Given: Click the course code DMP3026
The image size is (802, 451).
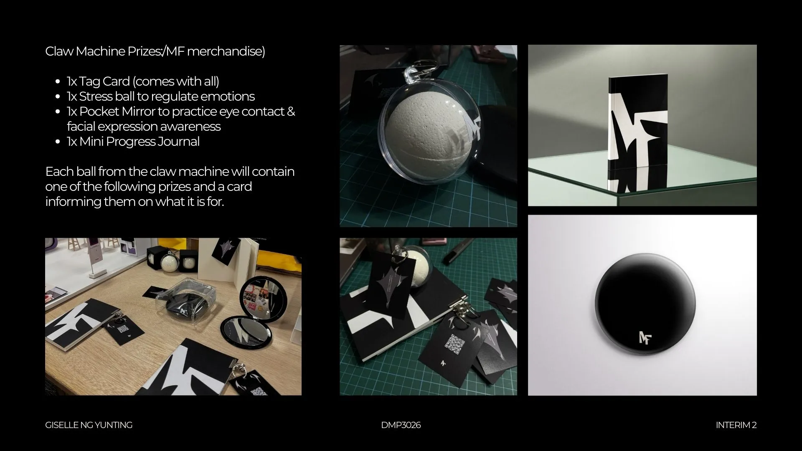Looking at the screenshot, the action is pos(401,425).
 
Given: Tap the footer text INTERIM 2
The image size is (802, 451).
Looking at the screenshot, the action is pos(736,425).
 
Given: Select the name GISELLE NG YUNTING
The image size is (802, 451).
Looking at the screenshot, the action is pos(89,425).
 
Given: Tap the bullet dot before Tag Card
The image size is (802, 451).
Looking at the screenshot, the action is pos(58,82).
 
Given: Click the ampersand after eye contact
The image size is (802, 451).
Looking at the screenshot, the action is pos(291,111).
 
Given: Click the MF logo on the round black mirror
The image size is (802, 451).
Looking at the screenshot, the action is pos(645,337).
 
